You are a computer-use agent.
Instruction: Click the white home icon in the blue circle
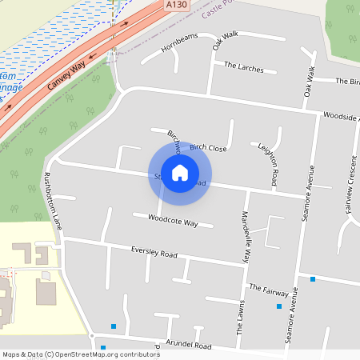click(180, 172)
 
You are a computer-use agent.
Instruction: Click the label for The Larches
click(243, 67)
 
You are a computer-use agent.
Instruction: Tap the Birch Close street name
click(208, 148)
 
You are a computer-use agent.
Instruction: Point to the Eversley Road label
click(153, 253)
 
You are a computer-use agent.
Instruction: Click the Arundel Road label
click(189, 346)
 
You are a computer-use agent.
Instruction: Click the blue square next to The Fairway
click(312, 279)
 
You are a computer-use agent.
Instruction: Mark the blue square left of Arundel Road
click(114, 326)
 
